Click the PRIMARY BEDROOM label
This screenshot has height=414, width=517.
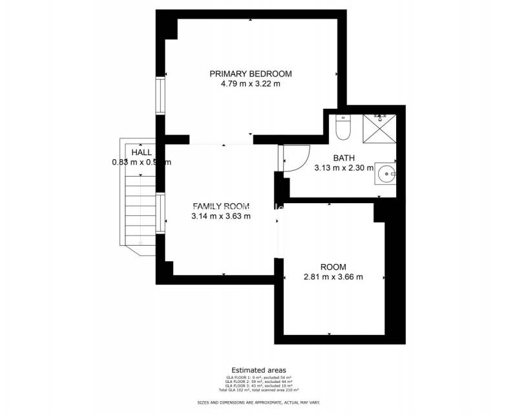point(250,73)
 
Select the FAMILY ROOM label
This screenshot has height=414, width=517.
point(221,206)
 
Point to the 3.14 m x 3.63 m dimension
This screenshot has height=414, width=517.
point(221,216)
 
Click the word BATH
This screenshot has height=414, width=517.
point(344,158)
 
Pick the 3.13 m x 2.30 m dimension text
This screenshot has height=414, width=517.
point(344,168)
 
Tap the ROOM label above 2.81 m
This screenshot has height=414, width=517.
point(333,267)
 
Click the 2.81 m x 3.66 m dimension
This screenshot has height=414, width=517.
point(333,277)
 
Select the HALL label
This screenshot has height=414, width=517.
point(142,152)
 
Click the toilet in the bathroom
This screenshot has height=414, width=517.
point(343,127)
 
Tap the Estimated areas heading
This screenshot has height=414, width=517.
point(258,370)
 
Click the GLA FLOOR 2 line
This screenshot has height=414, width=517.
point(258,382)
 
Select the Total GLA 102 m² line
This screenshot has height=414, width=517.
point(258,390)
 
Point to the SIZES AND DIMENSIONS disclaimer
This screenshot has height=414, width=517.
point(258,402)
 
